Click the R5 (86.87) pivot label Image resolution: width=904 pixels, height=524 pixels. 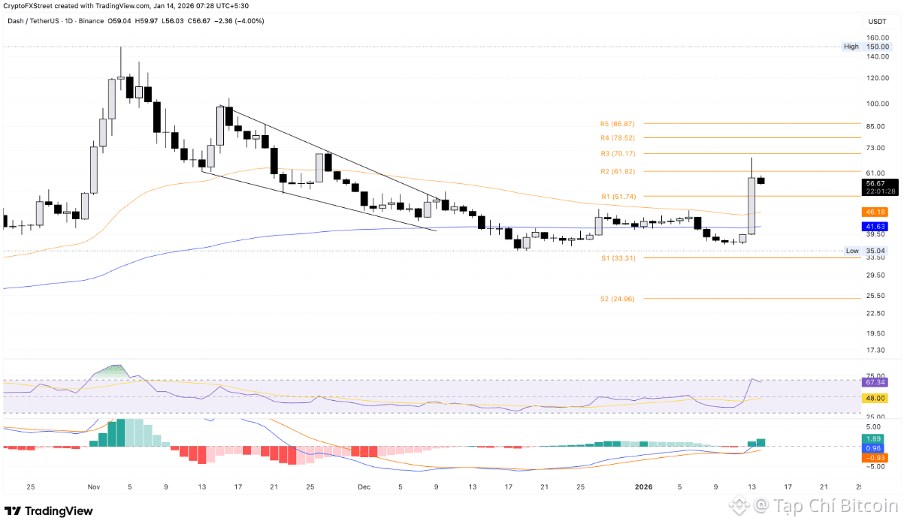[x=617, y=123]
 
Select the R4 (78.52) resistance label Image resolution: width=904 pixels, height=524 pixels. [x=617, y=138]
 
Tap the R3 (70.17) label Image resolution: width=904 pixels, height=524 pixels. [x=617, y=154]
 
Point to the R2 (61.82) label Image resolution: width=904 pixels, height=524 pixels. [x=617, y=172]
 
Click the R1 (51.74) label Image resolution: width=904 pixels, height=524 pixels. [x=617, y=196]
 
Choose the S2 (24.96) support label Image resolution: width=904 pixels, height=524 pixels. [x=617, y=299]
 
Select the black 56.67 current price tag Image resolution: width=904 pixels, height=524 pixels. [x=874, y=183]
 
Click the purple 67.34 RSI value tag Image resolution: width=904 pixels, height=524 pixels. [x=874, y=382]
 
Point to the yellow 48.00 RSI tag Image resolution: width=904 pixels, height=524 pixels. [x=874, y=397]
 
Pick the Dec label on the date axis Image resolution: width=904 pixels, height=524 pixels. [x=364, y=486]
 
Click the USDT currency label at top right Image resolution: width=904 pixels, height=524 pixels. [x=878, y=22]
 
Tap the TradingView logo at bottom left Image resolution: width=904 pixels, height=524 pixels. [x=49, y=511]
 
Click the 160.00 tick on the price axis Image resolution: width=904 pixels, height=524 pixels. [x=878, y=38]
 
